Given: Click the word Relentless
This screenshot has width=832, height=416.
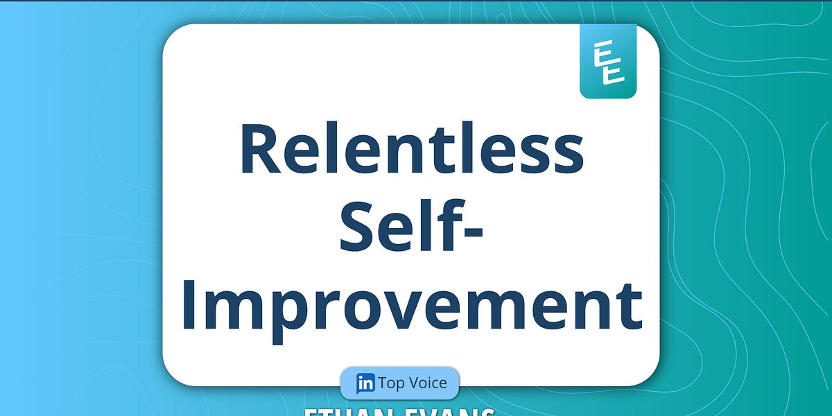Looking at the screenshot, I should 412,150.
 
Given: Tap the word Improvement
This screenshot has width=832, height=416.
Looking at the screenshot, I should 412,305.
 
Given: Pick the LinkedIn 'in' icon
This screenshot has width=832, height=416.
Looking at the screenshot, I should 365,383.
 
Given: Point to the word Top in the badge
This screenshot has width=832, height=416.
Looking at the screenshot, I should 392,383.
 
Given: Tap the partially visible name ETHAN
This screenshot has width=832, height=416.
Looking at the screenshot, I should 339,412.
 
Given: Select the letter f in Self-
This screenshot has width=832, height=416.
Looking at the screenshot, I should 444,225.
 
